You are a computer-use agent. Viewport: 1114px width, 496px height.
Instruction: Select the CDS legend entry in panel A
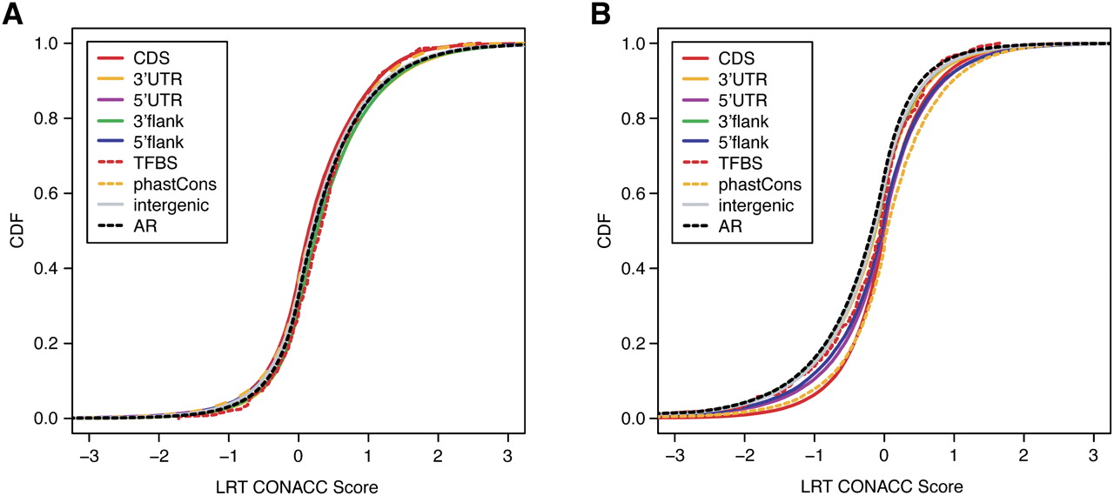[134, 58]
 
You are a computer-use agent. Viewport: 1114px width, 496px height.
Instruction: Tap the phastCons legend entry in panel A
[158, 184]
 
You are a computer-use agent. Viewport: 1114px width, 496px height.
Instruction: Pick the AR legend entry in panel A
[127, 226]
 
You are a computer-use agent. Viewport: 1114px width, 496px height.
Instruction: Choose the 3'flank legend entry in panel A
[141, 121]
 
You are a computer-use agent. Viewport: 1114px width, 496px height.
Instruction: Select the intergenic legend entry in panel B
[738, 205]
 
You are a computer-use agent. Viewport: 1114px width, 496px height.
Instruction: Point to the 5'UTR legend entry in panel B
[725, 100]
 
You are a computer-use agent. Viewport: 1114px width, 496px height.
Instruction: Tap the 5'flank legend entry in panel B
[726, 142]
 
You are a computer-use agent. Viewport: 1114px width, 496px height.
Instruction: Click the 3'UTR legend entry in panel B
[725, 79]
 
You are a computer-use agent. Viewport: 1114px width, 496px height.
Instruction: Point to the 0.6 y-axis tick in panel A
[46, 193]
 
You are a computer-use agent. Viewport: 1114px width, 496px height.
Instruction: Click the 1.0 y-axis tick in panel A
[46, 44]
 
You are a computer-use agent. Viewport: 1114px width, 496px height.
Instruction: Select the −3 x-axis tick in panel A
[89, 456]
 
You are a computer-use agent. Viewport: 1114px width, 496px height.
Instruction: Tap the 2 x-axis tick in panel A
[438, 456]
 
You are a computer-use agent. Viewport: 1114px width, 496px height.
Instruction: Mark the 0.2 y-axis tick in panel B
[634, 344]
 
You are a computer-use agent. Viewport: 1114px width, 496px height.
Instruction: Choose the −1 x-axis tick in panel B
[815, 456]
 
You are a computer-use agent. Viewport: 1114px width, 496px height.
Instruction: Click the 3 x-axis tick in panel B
[1093, 456]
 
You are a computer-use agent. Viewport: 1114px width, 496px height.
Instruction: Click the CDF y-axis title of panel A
[17, 231]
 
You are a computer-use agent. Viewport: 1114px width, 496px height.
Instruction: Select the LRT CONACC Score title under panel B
[882, 486]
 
